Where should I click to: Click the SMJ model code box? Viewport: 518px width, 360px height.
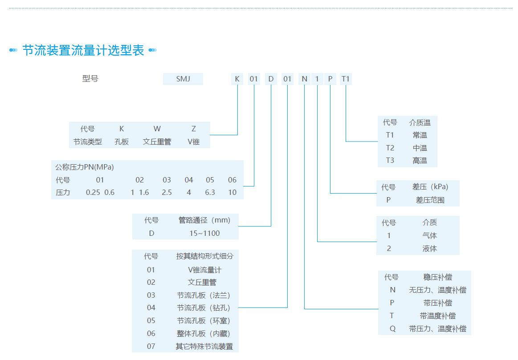coord(183,79)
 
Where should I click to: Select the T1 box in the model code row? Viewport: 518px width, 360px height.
coord(346,79)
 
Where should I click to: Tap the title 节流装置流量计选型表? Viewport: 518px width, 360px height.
coord(83,50)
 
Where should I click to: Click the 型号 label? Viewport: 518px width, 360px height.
coord(90,79)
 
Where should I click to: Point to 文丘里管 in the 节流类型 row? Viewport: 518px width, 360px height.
coord(157,142)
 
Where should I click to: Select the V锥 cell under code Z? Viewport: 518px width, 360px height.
coord(193,142)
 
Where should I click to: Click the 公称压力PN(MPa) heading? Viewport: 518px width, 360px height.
coord(85,167)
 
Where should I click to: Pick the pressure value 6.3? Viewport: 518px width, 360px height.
coord(210,193)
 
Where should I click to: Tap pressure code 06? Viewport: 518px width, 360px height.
coord(232,180)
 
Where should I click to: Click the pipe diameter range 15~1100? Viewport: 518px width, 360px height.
coord(204,233)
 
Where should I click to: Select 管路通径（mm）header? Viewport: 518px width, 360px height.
coord(204,220)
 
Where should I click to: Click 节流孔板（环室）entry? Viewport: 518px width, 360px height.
coord(204,320)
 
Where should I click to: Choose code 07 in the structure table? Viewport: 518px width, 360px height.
coord(151,346)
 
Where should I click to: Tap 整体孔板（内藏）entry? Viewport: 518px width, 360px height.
coord(204,333)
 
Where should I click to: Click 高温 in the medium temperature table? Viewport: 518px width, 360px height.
coord(420,160)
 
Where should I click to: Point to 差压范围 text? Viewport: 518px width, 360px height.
coord(430,200)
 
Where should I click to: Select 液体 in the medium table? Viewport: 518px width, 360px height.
coord(429,248)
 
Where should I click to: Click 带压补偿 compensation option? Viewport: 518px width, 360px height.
coord(437,303)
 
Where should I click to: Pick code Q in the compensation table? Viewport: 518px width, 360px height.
coord(392,329)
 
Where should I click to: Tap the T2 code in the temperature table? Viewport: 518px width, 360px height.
coord(390,148)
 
